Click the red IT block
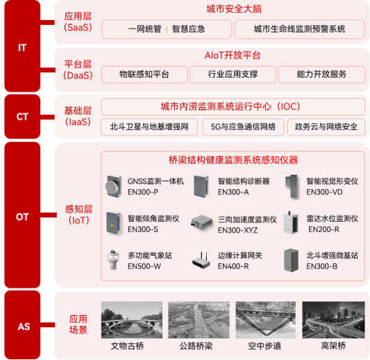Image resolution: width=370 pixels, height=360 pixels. pyautogui.click(x=22, y=46)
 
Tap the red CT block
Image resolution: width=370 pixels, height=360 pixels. pyautogui.click(x=22, y=117)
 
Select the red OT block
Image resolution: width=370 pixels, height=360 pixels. pyautogui.click(x=22, y=215)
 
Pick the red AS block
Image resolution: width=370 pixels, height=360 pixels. pyautogui.click(x=22, y=325)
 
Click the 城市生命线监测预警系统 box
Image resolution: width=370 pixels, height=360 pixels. pyautogui.click(x=300, y=29)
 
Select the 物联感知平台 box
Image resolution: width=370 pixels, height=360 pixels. pyautogui.click(x=144, y=74)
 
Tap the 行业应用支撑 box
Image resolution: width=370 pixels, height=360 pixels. pyautogui.click(x=233, y=74)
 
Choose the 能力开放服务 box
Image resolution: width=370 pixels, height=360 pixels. pyautogui.click(x=321, y=74)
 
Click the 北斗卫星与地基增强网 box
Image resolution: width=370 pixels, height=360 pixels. pyautogui.click(x=149, y=127)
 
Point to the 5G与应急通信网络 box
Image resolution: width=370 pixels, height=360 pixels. pyautogui.click(x=243, y=127)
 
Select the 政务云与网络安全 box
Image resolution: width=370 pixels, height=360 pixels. pyautogui.click(x=326, y=127)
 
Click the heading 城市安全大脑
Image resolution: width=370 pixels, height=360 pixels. pyautogui.click(x=234, y=9)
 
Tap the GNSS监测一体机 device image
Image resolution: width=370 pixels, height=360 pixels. pyautogui.click(x=114, y=187)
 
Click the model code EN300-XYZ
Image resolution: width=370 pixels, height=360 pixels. pyautogui.click(x=238, y=230)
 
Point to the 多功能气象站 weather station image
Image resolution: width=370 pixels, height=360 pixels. pyautogui.click(x=113, y=260)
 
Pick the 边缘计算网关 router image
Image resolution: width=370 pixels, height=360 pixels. pyautogui.click(x=201, y=261)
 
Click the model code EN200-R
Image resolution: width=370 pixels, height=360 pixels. pyautogui.click(x=323, y=229)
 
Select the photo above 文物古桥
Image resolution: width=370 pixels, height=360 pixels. pyautogui.click(x=132, y=320)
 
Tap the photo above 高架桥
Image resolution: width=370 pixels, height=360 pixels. pyautogui.click(x=333, y=320)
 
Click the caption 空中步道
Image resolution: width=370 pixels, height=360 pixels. pyautogui.click(x=264, y=346)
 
